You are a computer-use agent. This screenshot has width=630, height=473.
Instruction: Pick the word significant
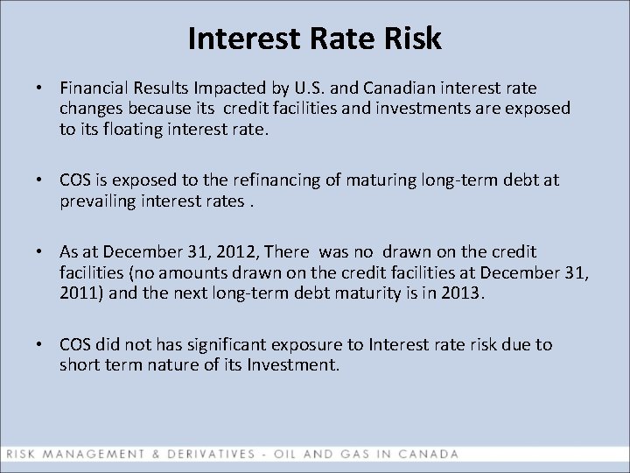point(235,344)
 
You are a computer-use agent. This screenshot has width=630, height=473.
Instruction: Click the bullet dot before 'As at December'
point(40,252)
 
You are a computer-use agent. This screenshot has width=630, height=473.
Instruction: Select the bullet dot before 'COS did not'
point(40,345)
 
